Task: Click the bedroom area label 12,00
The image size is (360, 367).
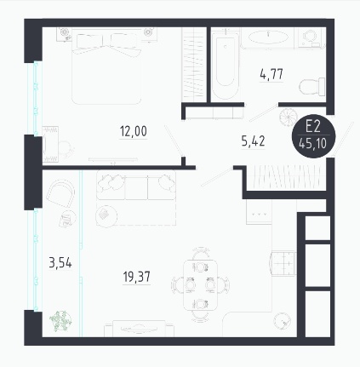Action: tap(134, 131)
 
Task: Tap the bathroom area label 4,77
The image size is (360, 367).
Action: tap(271, 74)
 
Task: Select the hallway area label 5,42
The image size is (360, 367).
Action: tap(253, 141)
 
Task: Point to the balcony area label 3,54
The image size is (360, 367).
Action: tap(60, 263)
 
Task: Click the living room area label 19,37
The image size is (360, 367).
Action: tap(137, 277)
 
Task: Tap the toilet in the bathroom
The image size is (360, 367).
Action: tap(312, 87)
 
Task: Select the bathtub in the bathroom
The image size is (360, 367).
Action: tap(225, 66)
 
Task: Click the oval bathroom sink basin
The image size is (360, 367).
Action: tap(268, 37)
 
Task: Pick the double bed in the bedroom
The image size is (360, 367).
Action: tap(106, 66)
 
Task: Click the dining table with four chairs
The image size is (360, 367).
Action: tap(200, 284)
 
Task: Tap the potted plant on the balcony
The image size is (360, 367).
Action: tap(60, 321)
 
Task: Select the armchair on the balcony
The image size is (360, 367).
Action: tap(60, 194)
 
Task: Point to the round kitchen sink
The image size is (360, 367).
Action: tap(282, 321)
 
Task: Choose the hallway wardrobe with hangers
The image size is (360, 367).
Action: tap(285, 178)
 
